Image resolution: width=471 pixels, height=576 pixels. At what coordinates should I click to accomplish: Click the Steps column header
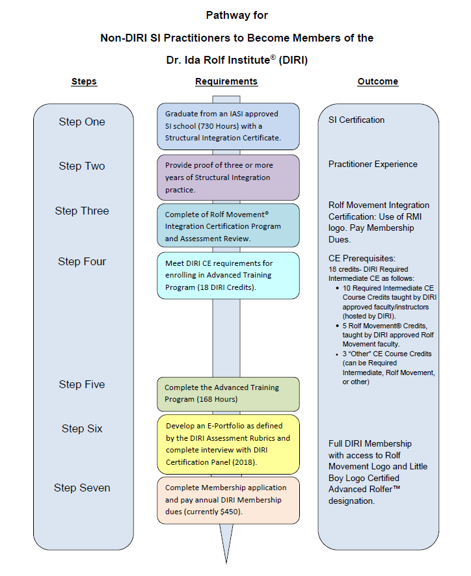83,82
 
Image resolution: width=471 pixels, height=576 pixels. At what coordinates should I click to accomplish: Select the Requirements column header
226,82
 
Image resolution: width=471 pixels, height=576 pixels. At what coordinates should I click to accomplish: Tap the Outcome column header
378,82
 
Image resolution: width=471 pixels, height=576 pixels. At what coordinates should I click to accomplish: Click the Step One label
81,122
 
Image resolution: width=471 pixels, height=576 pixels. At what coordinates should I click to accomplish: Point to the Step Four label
81,261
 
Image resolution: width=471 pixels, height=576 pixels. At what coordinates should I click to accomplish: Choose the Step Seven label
82,488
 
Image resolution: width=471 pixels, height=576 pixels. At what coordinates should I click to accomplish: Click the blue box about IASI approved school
228,125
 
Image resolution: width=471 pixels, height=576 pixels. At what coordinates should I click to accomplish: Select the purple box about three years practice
228,177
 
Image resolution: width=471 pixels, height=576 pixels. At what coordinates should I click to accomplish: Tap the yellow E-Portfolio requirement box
228,444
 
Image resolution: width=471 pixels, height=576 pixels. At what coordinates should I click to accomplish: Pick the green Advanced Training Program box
228,393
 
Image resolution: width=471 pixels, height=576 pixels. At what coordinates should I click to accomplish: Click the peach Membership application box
228,500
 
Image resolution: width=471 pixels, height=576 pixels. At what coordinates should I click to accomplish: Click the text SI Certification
357,120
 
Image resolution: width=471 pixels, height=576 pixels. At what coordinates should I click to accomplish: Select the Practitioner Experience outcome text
373,164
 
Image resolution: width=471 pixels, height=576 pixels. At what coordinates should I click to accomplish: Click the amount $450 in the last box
232,512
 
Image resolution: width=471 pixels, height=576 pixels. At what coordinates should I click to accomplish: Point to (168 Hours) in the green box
217,399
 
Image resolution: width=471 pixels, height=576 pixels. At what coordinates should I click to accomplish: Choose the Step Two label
81,166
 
